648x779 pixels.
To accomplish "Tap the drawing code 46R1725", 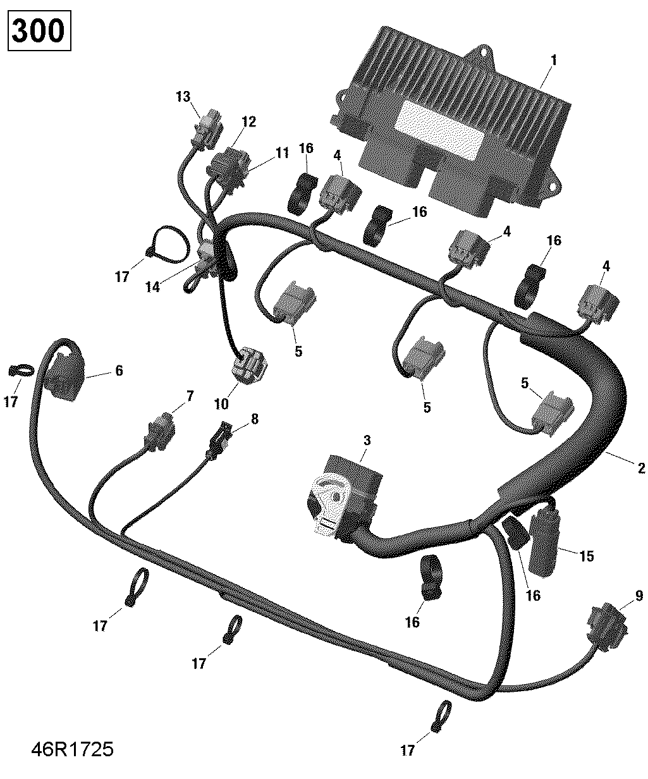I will point(72,751).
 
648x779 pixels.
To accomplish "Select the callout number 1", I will point(554,61).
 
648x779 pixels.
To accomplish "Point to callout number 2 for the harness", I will point(641,469).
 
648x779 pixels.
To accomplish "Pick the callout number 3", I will point(367,440).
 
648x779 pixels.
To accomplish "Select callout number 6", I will point(119,371).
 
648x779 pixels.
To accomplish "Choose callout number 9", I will point(639,595).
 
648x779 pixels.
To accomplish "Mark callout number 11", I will point(281,152).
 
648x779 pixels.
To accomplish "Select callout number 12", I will point(248,122).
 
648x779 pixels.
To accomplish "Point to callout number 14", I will point(152,286).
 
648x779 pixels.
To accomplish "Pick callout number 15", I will point(587,556).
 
